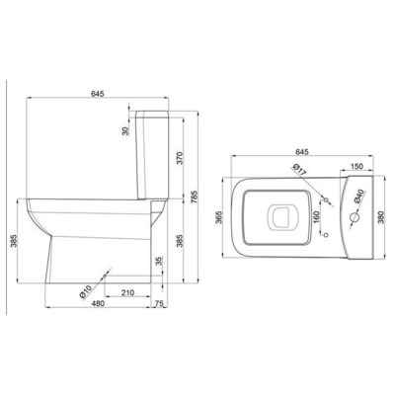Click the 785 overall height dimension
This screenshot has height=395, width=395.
pyautogui.click(x=194, y=197)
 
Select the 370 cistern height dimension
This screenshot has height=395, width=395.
pyautogui.click(x=180, y=158)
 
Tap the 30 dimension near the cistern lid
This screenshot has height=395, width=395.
pyautogui.click(x=125, y=131)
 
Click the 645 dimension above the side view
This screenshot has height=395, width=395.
pyautogui.click(x=98, y=94)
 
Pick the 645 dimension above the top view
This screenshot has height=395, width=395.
pyautogui.click(x=302, y=152)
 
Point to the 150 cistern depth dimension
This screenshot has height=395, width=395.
pyautogui.click(x=356, y=166)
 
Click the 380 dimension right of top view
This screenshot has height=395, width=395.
pyautogui.click(x=381, y=217)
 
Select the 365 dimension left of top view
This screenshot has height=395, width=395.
pyautogui.click(x=220, y=217)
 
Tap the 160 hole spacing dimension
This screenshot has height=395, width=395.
pyautogui.click(x=316, y=217)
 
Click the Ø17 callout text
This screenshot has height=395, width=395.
pyautogui.click(x=299, y=169)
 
